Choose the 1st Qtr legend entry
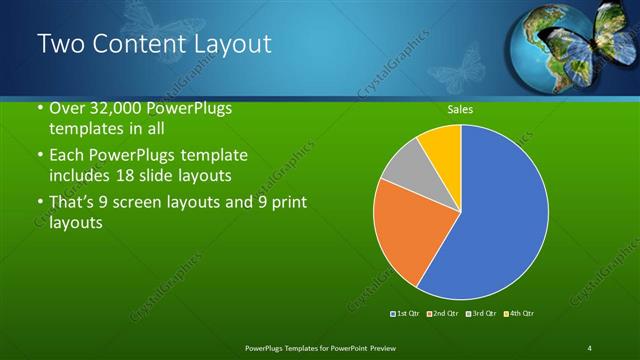pyautogui.click(x=406, y=314)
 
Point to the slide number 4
pyautogui.click(x=590, y=347)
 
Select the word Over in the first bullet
pyautogui.click(x=67, y=110)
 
